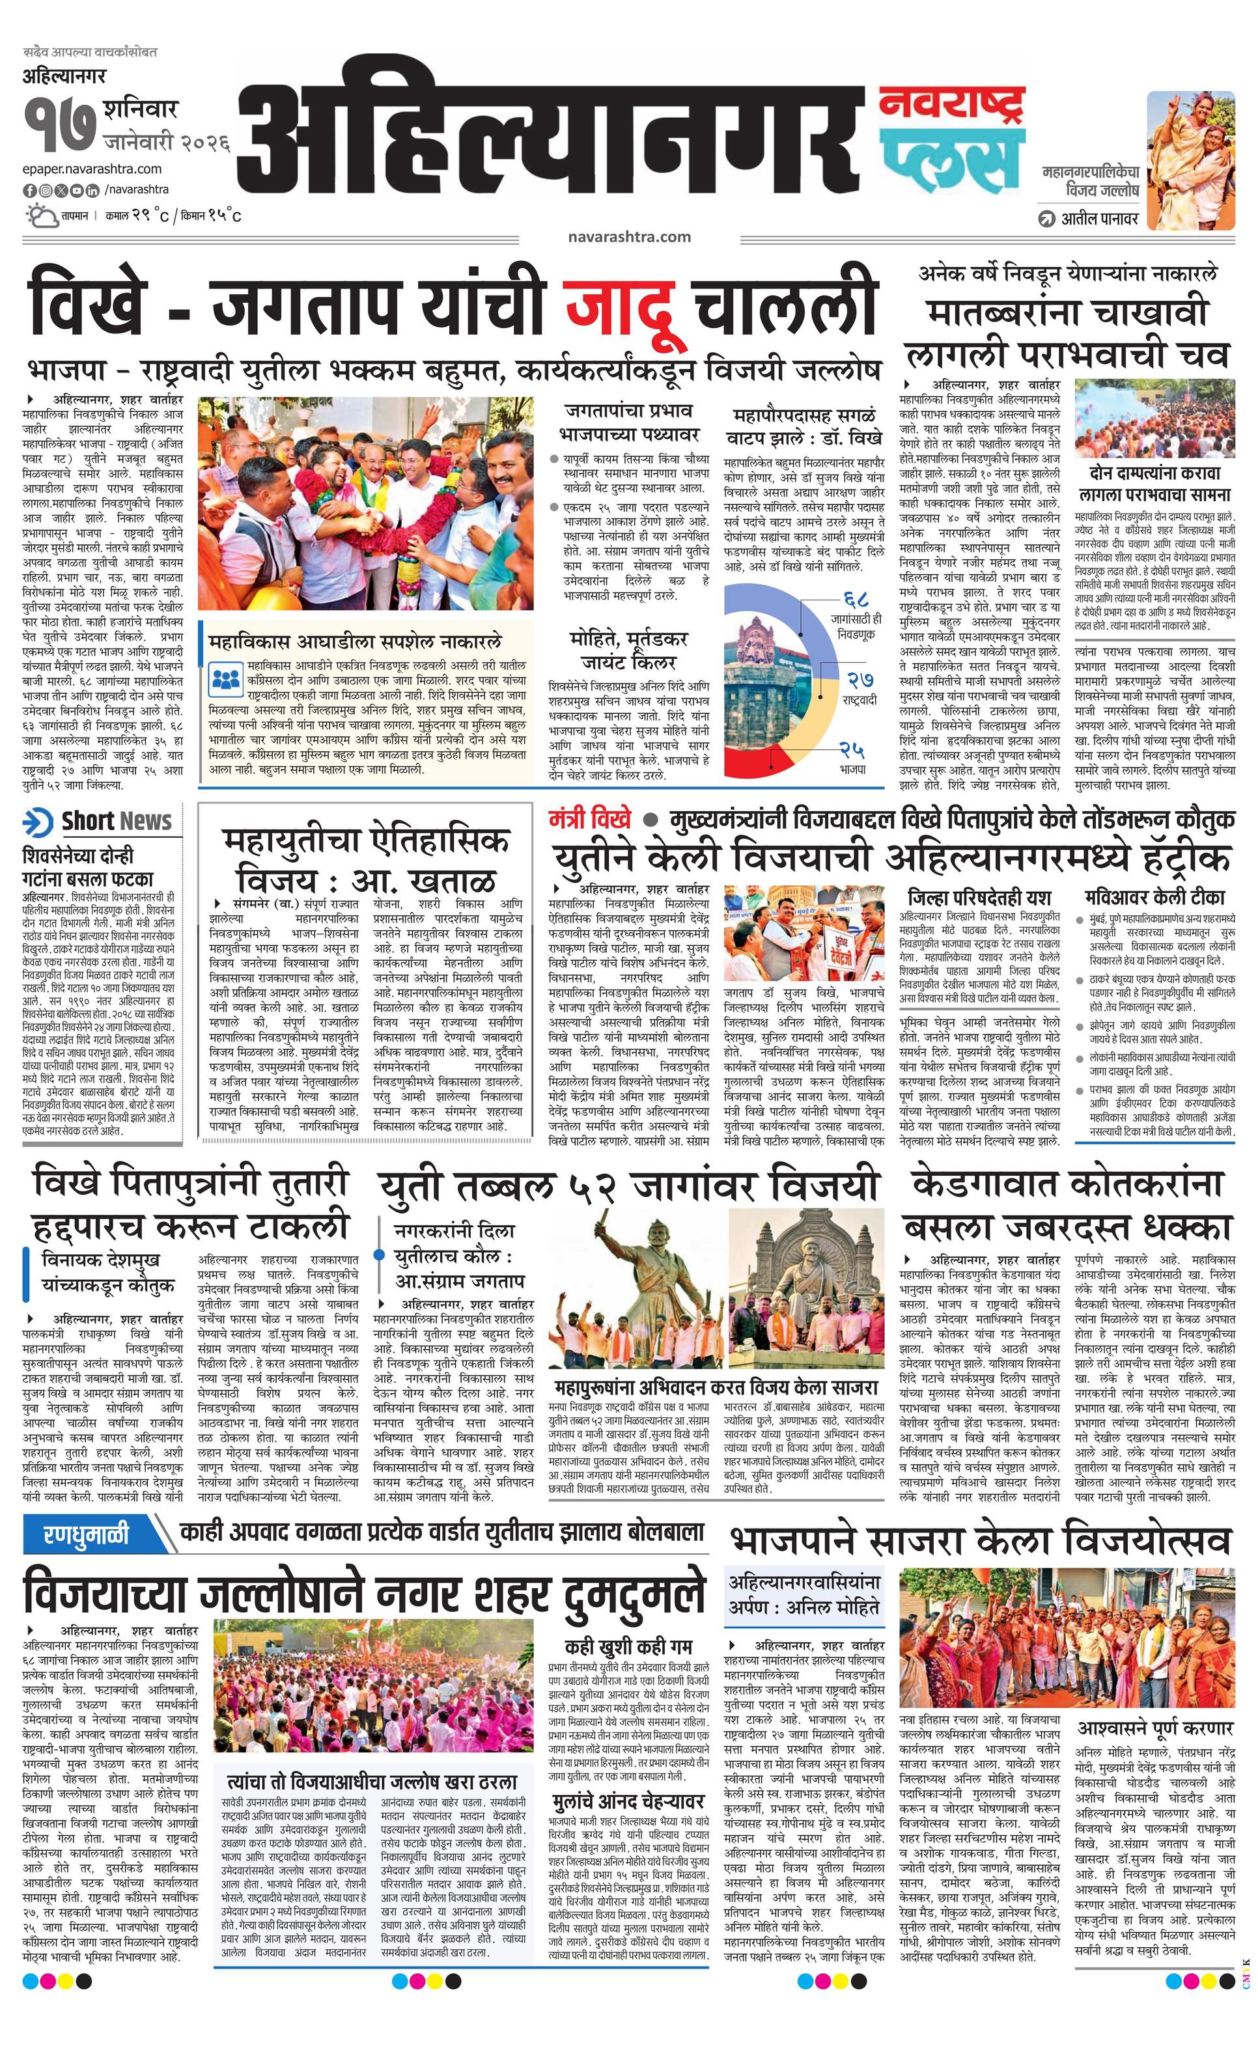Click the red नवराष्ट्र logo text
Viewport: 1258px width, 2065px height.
952,105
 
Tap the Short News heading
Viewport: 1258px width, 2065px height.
116,822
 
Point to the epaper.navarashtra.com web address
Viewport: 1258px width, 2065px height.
92,169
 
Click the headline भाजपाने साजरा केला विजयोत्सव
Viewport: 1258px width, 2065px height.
981,1540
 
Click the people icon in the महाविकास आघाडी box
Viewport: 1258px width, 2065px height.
225,678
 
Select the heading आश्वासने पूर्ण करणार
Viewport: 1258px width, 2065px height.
1154,1728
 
